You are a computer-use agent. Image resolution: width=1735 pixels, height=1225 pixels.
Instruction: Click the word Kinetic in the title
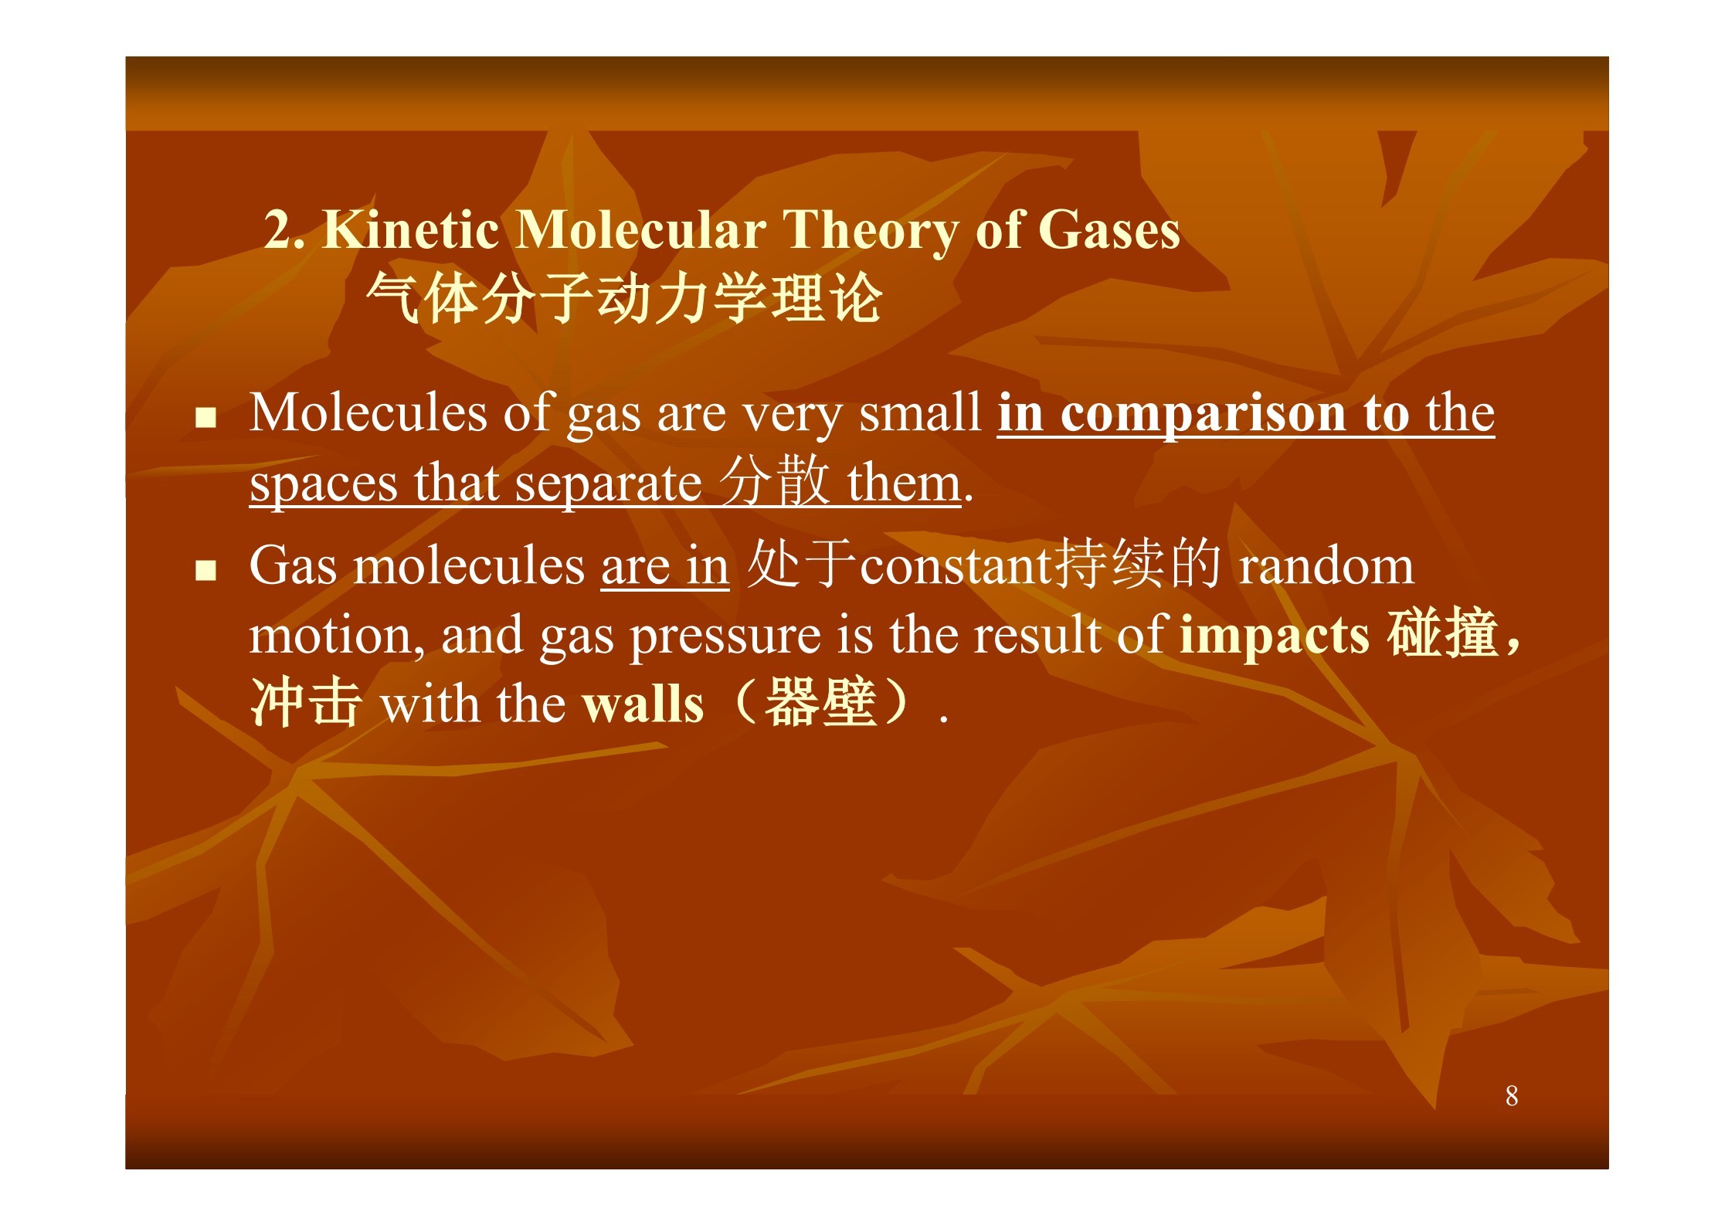(x=411, y=229)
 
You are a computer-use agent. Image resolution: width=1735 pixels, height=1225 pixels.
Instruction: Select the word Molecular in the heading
(x=640, y=229)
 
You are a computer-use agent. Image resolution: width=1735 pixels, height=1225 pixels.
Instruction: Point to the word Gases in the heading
(x=1109, y=229)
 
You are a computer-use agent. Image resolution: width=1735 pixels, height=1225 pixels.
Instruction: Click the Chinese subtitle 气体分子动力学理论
(x=624, y=298)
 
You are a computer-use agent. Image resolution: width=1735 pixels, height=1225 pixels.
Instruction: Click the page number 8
(x=1512, y=1095)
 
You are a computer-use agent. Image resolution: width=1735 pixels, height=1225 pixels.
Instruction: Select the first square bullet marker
(x=205, y=418)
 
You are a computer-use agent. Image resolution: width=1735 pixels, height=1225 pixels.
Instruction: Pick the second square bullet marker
(x=205, y=571)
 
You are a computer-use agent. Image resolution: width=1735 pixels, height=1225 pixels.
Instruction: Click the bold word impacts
(x=1275, y=637)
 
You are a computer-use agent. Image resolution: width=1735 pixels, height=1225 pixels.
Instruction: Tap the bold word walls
(x=643, y=704)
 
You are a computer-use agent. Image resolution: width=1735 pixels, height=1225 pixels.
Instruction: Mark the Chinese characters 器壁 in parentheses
(x=820, y=702)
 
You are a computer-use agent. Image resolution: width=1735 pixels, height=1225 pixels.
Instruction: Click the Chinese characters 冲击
(x=306, y=702)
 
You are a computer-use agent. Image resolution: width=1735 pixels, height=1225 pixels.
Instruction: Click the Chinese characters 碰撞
(x=1442, y=633)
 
